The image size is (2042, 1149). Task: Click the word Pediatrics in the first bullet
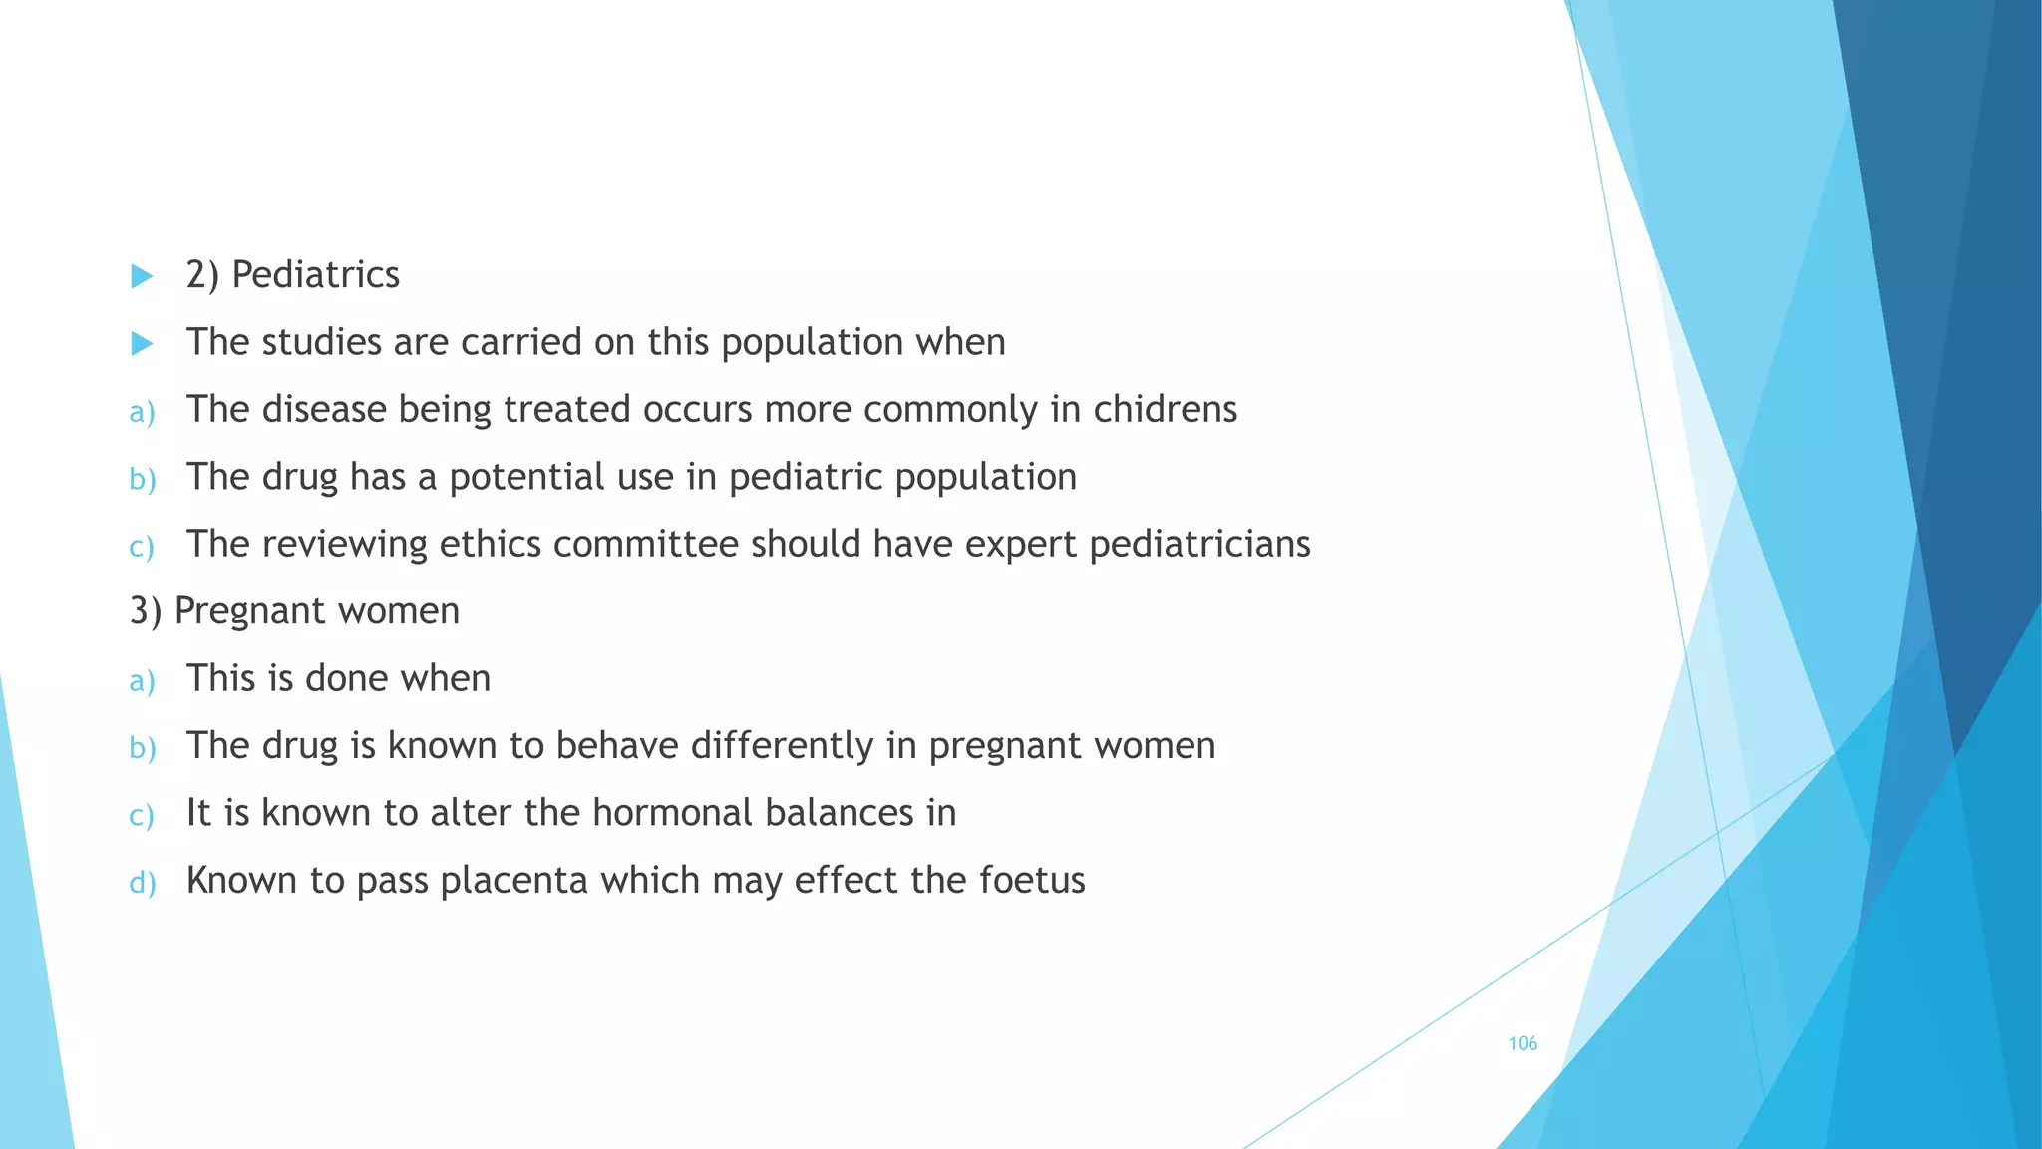(x=315, y=275)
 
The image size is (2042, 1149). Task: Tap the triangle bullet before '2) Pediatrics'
(x=143, y=276)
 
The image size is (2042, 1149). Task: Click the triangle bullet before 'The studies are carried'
(x=143, y=344)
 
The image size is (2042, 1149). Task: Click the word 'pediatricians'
(x=1199, y=544)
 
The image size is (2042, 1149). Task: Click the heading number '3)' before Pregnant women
(x=146, y=611)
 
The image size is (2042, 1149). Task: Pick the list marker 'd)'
(x=143, y=883)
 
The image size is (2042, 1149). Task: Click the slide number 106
(x=1523, y=1043)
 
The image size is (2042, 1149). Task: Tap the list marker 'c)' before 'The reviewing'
(x=142, y=547)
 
